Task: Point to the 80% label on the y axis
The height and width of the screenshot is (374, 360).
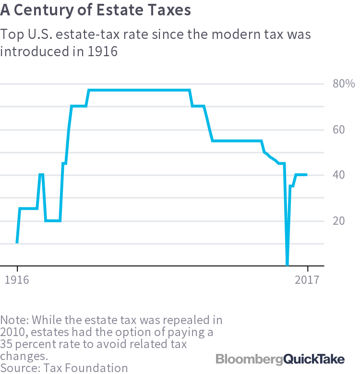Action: (x=343, y=84)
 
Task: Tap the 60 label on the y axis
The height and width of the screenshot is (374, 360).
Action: (x=339, y=130)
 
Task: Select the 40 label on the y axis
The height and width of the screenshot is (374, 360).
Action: (x=339, y=175)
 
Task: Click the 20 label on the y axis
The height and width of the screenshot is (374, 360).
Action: (x=339, y=221)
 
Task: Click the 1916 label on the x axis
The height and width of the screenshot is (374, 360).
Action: (x=17, y=280)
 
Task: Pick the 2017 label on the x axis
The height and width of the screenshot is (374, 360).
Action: (x=307, y=280)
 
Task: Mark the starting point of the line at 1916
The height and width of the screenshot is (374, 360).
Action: (x=17, y=242)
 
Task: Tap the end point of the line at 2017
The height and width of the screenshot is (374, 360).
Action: (x=307, y=175)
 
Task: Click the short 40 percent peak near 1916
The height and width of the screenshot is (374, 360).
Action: (x=41, y=175)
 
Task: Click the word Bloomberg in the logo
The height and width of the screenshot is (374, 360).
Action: (x=249, y=359)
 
